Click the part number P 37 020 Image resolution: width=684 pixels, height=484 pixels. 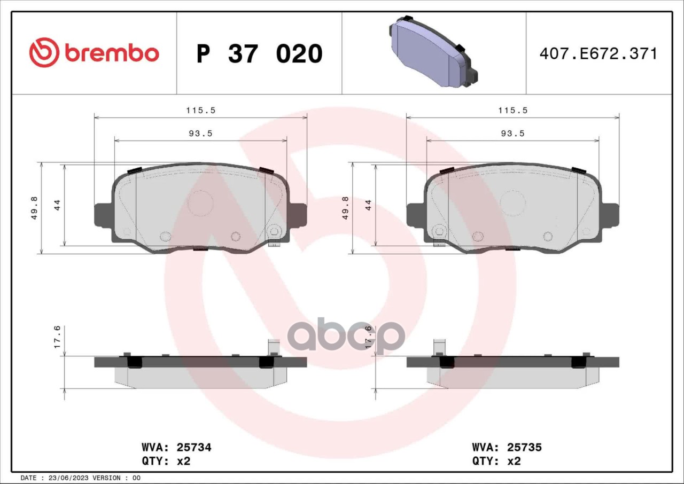(x=260, y=54)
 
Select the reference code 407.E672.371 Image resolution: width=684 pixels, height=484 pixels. (x=598, y=54)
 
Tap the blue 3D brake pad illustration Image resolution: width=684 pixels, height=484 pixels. (x=433, y=52)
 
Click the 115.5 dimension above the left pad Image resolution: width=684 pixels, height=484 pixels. (x=201, y=110)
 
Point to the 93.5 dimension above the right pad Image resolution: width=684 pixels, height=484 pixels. (x=512, y=134)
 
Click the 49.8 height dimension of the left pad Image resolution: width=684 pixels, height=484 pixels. (x=34, y=208)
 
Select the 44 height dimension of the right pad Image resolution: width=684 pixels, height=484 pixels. (x=369, y=205)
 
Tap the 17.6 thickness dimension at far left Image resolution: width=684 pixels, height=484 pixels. (x=57, y=337)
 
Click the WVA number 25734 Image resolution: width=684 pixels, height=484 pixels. (x=194, y=447)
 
